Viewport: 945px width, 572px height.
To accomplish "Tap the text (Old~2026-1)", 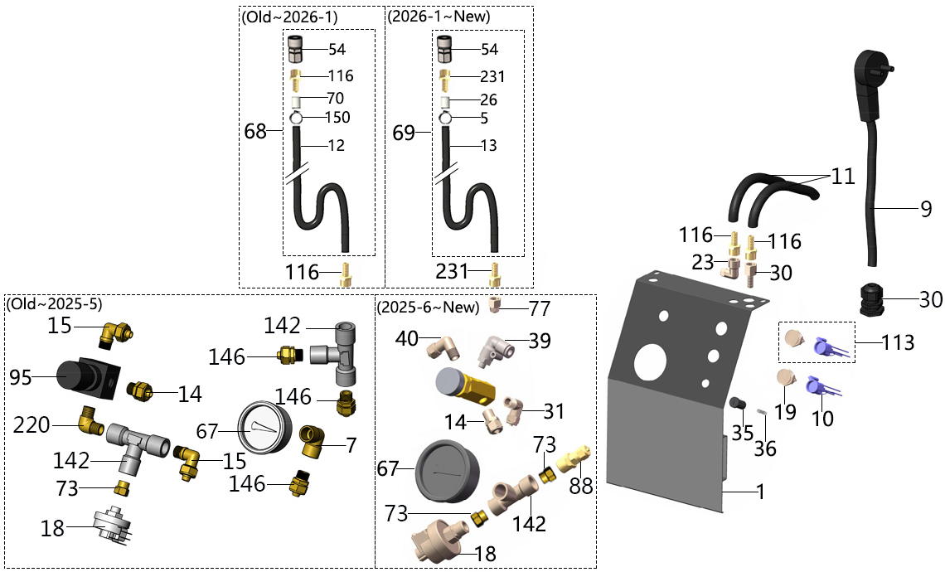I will [x=289, y=17].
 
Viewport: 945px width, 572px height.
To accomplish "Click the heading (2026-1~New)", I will [x=438, y=17].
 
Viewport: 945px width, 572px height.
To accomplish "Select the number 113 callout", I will [x=898, y=341].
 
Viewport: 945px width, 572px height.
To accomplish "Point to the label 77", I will [x=540, y=308].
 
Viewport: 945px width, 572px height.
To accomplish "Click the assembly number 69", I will [x=404, y=133].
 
